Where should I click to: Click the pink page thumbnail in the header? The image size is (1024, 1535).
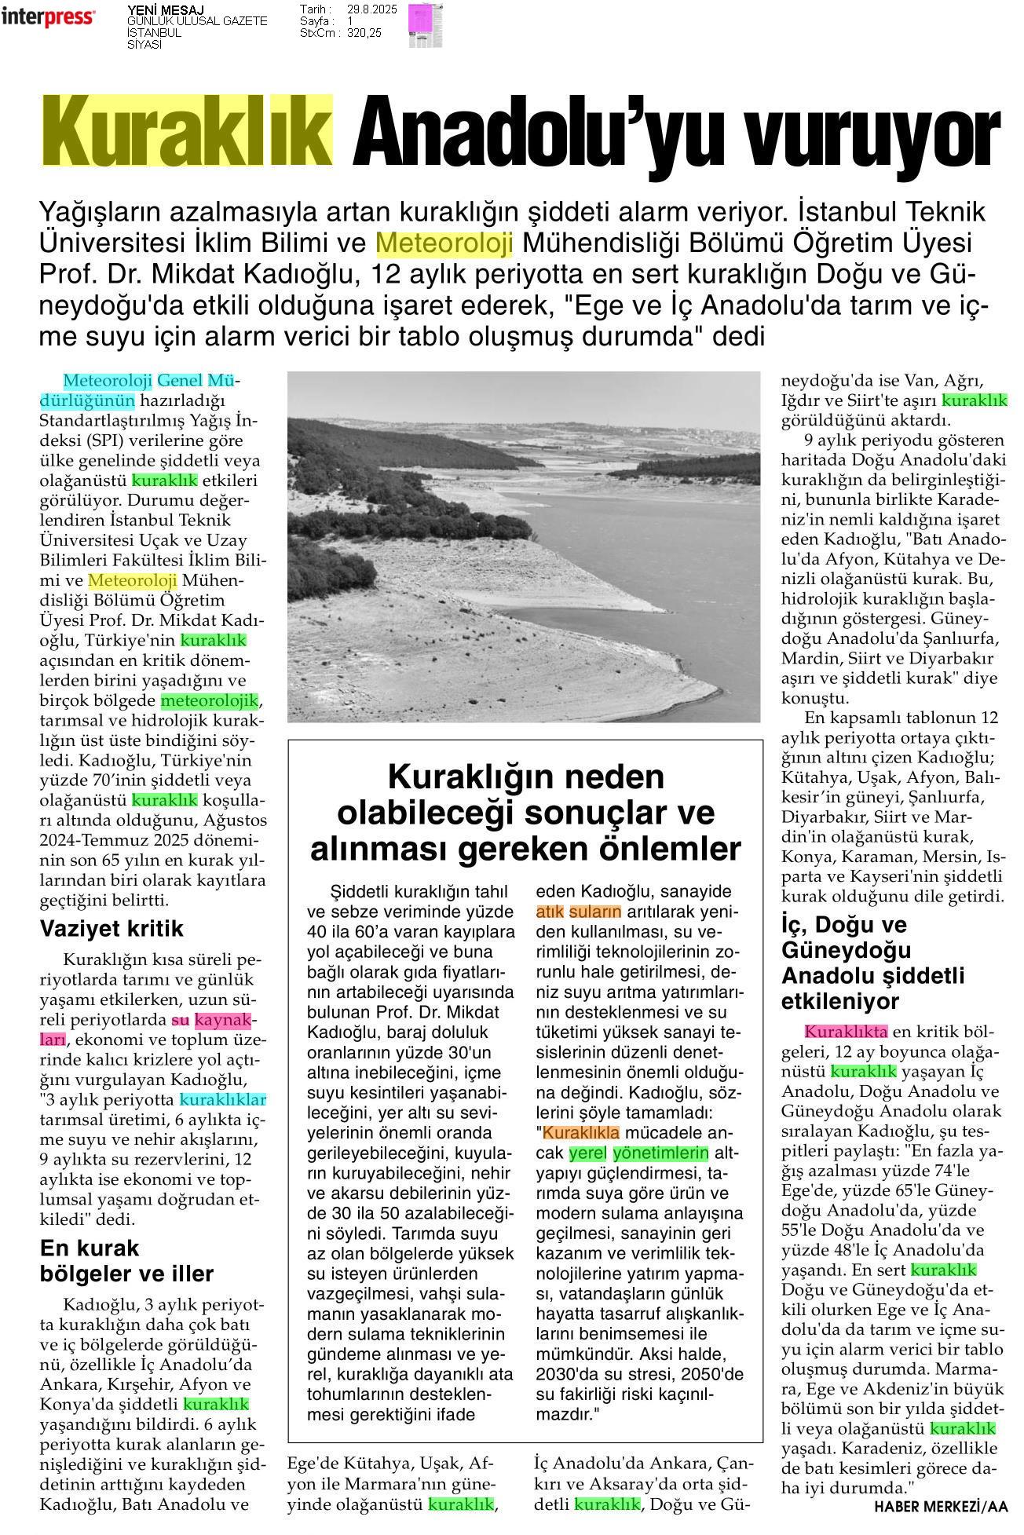(x=424, y=25)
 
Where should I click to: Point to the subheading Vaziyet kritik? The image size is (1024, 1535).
(x=112, y=929)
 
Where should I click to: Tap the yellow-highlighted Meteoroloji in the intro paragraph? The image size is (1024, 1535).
(x=444, y=243)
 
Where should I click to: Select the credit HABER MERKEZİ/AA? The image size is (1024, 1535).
(x=941, y=1505)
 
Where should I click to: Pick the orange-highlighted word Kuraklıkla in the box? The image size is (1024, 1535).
(x=581, y=1132)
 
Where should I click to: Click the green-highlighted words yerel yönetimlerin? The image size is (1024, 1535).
(x=638, y=1153)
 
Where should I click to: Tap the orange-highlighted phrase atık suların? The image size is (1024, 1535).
(x=578, y=912)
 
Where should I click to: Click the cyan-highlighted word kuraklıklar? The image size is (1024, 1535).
(x=223, y=1099)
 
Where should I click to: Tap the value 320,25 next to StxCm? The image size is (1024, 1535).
(x=364, y=33)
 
